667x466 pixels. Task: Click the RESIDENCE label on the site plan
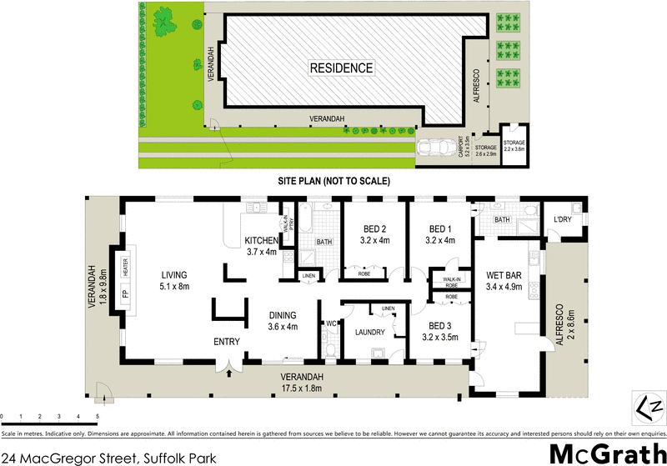coord(341,68)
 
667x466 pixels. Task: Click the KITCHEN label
coord(260,241)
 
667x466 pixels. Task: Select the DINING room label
coord(282,315)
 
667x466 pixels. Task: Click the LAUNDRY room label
coord(369,333)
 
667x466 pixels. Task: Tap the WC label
coord(331,322)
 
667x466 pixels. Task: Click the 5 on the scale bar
coord(98,415)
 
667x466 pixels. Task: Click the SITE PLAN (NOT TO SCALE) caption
coord(333,180)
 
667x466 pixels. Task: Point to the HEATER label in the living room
coord(125,268)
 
